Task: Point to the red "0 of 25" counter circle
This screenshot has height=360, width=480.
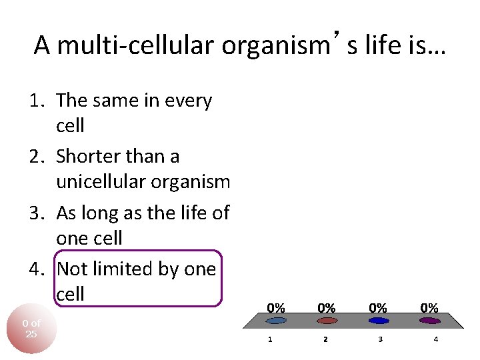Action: tap(31, 329)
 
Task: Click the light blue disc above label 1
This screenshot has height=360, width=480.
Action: tap(276, 321)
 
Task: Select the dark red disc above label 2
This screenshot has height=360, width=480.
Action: tap(326, 321)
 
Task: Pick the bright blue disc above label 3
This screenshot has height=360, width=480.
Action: tap(378, 321)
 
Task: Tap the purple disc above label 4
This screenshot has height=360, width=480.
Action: tap(429, 321)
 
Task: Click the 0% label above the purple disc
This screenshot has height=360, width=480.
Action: tap(429, 308)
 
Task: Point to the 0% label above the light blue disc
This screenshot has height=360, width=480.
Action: tap(276, 308)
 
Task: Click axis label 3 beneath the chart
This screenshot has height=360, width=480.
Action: tap(380, 339)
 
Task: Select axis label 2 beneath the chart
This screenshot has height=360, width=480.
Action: tap(325, 339)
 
